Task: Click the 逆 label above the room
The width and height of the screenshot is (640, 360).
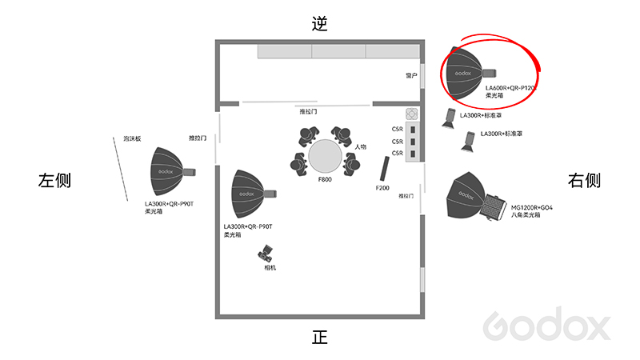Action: tap(319, 24)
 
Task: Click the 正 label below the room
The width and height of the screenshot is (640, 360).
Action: tap(319, 338)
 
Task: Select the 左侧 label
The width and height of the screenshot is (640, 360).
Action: tap(54, 181)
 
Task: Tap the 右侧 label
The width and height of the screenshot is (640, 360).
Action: tap(584, 181)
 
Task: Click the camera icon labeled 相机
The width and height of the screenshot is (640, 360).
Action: tap(266, 254)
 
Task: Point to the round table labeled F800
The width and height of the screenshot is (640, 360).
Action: tap(325, 156)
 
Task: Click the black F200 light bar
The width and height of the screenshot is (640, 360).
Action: tap(385, 168)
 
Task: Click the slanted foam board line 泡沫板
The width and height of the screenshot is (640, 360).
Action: tap(121, 169)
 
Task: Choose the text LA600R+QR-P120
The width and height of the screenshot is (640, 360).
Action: tap(510, 88)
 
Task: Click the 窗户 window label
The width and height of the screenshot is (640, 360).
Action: tap(411, 75)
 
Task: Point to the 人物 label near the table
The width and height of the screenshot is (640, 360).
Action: tap(361, 146)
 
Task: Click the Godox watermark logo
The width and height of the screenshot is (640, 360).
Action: tap(546, 324)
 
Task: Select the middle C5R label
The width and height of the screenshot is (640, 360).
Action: tap(397, 142)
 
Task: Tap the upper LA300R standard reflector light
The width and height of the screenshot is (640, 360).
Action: tap(449, 118)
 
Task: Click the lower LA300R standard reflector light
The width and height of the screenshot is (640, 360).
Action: tap(468, 142)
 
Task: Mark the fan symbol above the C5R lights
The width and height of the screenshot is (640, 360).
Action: tap(412, 114)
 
